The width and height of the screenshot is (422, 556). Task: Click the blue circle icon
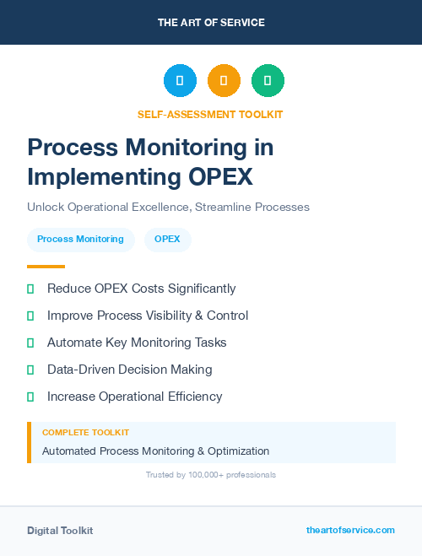pos(180,81)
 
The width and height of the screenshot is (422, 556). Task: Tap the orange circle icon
pos(224,81)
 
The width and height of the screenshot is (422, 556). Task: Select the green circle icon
pos(268,81)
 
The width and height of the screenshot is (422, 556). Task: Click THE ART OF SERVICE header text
pos(211,23)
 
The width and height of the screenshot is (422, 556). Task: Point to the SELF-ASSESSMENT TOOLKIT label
pos(210,114)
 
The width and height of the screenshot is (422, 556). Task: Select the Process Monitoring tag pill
pos(80,240)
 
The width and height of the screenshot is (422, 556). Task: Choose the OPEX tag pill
pos(167,240)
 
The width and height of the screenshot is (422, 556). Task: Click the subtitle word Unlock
pos(44,207)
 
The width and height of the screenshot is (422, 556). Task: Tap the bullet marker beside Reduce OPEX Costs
pos(30,289)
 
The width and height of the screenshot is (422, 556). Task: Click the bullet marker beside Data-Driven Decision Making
pos(30,370)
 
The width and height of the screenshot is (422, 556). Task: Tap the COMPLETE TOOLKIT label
pos(85,432)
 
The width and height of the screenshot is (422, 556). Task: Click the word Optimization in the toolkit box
pos(234,451)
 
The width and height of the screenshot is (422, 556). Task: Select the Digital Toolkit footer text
pos(60,531)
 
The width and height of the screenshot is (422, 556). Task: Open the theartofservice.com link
pos(350,530)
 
